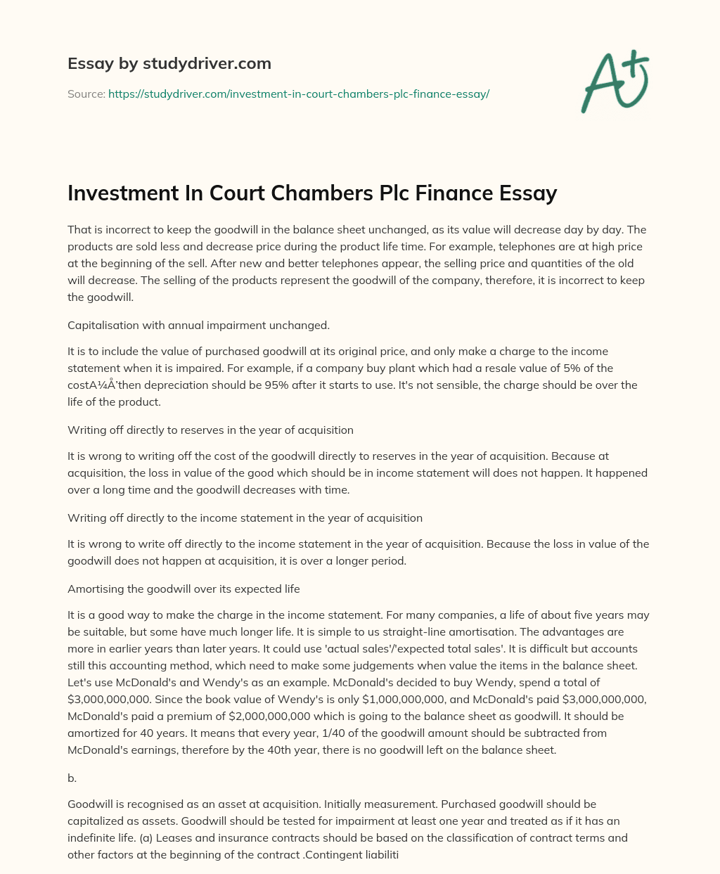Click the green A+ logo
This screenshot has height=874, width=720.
coord(615,81)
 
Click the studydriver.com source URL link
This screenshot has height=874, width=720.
coord(298,94)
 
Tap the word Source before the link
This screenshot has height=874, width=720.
coord(86,94)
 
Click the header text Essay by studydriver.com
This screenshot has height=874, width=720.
coord(169,63)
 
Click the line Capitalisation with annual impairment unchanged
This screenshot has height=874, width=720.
coord(198,325)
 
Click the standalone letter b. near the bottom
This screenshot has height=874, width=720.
coord(72,778)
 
